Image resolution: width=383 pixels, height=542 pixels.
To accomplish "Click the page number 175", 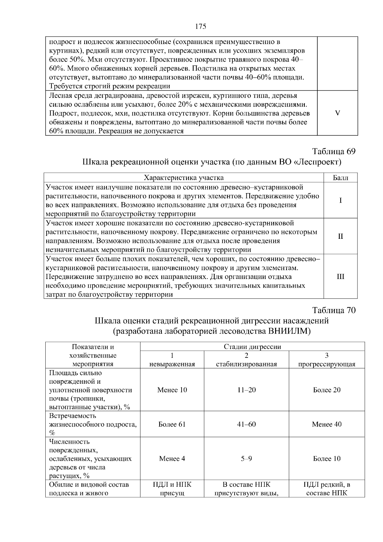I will [x=200, y=26].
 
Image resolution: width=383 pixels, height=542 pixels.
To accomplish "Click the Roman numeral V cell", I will [x=338, y=113].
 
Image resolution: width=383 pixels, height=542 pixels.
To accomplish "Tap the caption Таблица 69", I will [x=334, y=151].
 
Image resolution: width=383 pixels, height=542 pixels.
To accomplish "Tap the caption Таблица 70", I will [x=334, y=310].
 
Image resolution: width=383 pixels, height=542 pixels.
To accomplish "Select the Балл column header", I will [x=340, y=178].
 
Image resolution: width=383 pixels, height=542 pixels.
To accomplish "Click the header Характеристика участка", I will [x=184, y=178].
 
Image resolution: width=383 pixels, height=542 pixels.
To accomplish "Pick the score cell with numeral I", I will [x=340, y=200].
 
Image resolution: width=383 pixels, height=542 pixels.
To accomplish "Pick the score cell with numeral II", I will [x=340, y=236].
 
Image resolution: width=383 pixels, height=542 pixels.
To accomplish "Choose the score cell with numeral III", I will [x=340, y=276].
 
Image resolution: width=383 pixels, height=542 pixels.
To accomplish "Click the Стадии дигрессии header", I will [x=252, y=347].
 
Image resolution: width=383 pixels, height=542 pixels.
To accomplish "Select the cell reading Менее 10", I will [x=172, y=390].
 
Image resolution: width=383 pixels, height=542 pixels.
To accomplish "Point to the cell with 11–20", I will [x=246, y=390].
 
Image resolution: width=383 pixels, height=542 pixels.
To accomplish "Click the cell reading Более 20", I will [x=327, y=390].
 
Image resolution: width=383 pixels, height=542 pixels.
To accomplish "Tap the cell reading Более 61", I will [x=172, y=424].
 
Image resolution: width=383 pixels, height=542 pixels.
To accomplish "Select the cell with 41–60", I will [x=246, y=424].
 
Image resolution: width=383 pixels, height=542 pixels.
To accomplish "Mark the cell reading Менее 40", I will [x=327, y=424].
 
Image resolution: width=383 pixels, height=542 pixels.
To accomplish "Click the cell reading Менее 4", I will [x=172, y=459].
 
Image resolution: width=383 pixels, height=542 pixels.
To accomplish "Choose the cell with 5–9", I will [x=246, y=459].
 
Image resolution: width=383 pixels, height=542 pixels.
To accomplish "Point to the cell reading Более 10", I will [x=327, y=459].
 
